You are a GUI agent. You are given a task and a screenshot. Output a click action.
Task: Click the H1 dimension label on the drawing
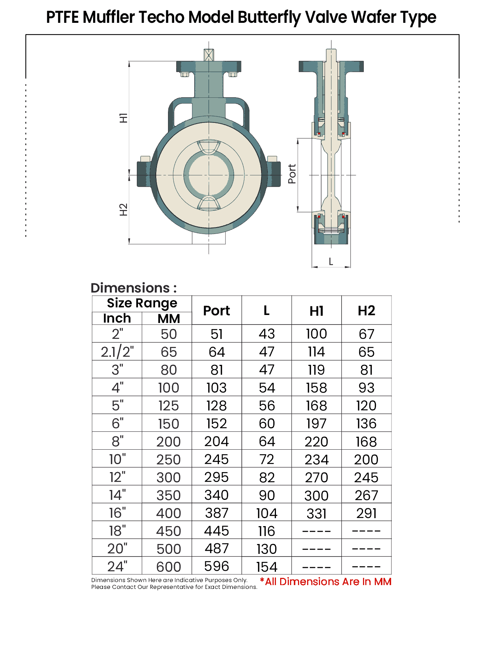coord(124,118)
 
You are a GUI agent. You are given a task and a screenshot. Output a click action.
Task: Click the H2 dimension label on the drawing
coord(124,210)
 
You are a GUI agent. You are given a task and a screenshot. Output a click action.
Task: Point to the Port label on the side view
coord(292,174)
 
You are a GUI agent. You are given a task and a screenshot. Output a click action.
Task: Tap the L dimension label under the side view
coord(331,262)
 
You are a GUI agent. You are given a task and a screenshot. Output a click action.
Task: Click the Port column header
coord(217,311)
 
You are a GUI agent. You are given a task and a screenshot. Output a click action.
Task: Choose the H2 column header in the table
coord(366,311)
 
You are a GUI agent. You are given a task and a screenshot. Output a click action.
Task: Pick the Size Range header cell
coord(142,303)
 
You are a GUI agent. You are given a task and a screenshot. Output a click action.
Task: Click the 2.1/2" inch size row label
coord(117,352)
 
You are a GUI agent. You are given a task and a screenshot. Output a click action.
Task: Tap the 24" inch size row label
coord(117,566)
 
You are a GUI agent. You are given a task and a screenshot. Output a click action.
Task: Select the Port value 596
coord(217,566)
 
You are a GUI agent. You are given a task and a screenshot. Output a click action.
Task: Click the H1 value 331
coord(317,514)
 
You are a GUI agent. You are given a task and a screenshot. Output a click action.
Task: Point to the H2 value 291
coord(366,513)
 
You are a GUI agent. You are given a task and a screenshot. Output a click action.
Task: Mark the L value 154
coord(267,567)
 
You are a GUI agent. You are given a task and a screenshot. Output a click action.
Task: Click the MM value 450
coord(168,531)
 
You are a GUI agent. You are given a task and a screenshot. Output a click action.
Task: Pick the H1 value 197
coord(316,423)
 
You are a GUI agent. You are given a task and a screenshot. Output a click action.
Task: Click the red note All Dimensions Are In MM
coord(326,582)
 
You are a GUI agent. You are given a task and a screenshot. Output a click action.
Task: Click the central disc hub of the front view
coord(209,175)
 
